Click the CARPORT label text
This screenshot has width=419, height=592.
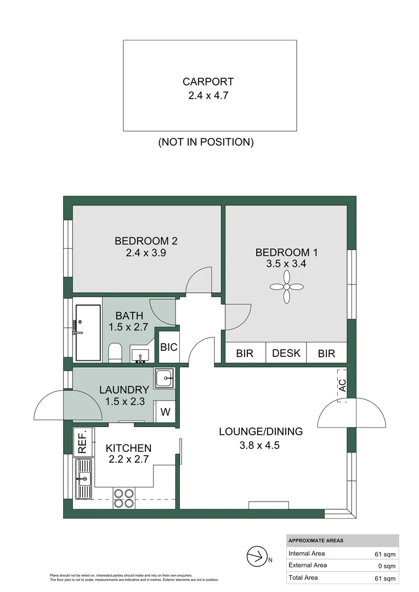tap(208, 82)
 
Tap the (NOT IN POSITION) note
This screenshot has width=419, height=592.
tap(206, 142)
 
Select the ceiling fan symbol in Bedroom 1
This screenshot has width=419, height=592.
tap(286, 287)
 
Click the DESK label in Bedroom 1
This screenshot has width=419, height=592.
tap(286, 353)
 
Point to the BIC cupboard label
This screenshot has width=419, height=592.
tap(168, 347)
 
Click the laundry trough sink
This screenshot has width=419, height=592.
tap(164, 378)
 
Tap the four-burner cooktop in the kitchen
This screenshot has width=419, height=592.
tap(124, 498)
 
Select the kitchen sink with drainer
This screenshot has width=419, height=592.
tap(84, 479)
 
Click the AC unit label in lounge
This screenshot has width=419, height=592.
tap(342, 384)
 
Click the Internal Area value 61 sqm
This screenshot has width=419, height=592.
tap(383, 554)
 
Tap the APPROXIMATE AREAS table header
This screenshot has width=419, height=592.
tap(315, 540)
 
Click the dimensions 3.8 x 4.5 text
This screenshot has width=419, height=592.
tap(260, 445)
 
